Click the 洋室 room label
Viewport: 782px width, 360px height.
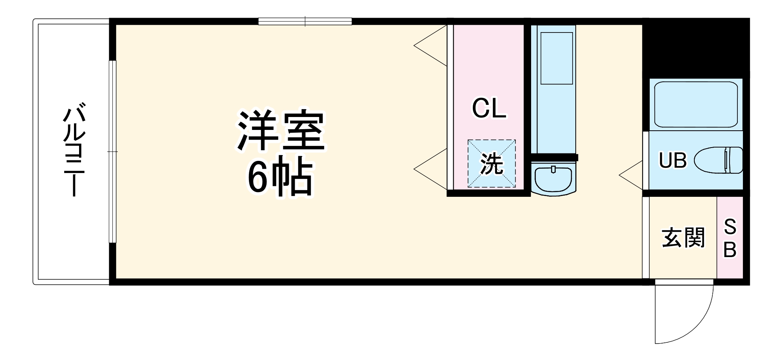281,131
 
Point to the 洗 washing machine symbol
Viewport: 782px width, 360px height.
492,164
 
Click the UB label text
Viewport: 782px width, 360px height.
673,160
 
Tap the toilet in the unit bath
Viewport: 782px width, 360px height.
720,160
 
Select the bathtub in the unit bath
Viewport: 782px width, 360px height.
696,104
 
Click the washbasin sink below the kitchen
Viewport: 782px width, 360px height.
553,178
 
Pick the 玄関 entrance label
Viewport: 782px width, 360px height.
683,238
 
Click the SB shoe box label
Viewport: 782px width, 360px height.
730,238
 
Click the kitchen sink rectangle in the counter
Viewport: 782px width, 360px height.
556,58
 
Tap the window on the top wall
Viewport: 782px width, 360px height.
305,22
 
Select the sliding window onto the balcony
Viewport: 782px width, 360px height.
113,151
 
